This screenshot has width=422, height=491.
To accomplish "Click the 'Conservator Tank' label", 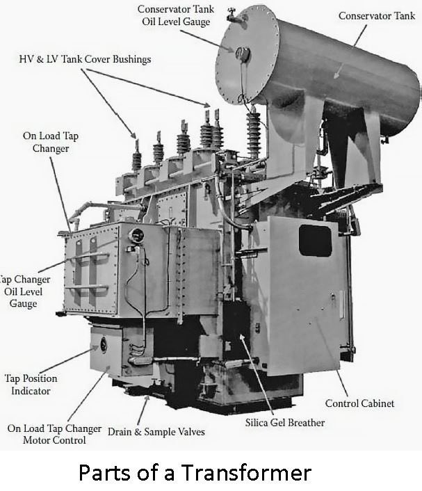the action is point(377,16).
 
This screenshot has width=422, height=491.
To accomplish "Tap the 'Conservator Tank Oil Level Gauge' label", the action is point(176,15).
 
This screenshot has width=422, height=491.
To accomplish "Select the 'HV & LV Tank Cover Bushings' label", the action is point(85,59).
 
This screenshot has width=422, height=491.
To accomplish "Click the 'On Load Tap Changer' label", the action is point(51,142).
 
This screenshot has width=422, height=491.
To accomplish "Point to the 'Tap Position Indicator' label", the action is point(31,385).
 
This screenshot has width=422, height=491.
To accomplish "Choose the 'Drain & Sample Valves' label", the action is point(156,432).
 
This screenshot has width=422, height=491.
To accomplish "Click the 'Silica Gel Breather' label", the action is point(285,423).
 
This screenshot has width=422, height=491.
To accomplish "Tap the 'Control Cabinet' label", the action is point(359,403).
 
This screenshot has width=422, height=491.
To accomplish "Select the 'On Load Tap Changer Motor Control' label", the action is point(54,434).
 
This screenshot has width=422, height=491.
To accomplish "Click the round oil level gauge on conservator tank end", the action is point(243,54).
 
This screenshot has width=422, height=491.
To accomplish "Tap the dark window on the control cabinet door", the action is point(315,241).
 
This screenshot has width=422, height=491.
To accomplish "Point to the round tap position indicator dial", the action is point(104,344).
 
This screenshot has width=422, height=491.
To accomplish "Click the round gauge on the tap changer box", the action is point(137,235).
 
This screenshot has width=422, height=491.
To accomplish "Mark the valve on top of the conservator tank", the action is point(233,15).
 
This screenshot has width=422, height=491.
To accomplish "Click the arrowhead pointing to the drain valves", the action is point(147,399).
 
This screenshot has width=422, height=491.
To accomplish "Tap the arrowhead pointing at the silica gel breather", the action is point(242,337).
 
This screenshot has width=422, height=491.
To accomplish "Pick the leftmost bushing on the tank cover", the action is point(136,156).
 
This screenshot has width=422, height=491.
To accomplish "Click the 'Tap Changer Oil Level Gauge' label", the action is point(24,291).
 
